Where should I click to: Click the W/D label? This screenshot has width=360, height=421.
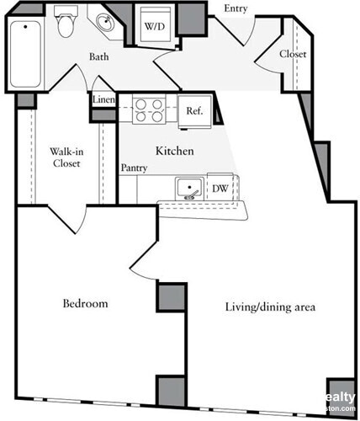coord(154,27)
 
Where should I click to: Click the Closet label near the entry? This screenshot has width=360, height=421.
coord(292,54)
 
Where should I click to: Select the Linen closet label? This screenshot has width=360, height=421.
coord(104,99)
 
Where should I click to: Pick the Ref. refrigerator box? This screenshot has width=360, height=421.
coord(193,109)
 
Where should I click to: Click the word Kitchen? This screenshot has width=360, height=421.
coord(175,151)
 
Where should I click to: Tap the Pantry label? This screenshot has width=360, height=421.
coord(135,168)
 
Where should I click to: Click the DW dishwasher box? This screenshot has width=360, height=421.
coord(220,189)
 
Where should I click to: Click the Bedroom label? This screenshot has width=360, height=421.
coord(85,303)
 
